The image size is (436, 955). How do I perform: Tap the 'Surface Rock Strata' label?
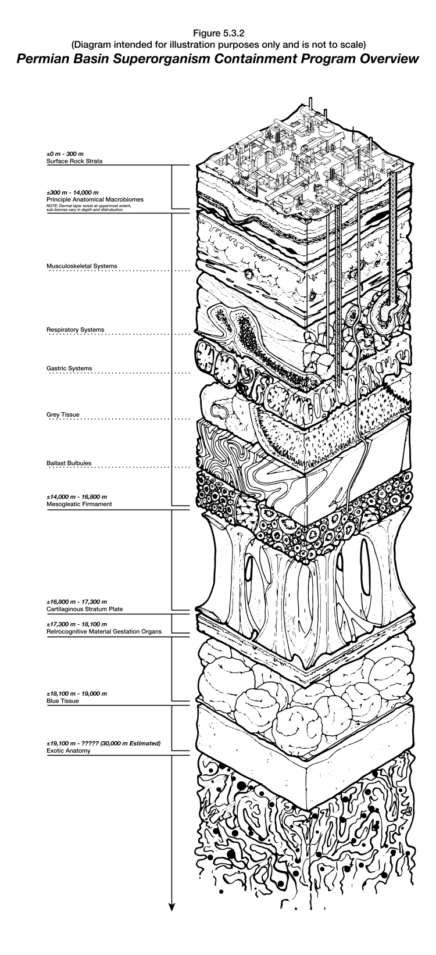(74, 160)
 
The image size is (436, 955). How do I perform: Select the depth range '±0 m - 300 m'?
(65, 153)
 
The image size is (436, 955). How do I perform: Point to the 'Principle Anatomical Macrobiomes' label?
(95, 199)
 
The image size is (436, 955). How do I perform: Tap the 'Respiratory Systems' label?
(75, 330)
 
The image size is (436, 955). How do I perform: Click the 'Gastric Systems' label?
(70, 368)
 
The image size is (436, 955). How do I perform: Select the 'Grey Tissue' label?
(62, 414)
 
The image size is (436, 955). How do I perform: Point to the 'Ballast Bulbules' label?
(69, 463)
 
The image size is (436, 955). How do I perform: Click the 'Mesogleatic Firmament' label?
(78, 504)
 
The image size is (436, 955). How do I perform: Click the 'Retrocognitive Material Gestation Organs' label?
(103, 631)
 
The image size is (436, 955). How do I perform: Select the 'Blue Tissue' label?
(62, 701)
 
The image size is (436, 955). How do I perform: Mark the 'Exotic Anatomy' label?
(68, 750)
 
